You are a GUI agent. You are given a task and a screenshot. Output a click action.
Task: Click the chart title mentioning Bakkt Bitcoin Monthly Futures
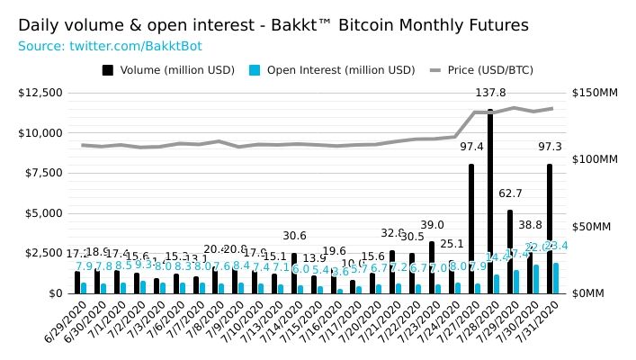tap(273, 25)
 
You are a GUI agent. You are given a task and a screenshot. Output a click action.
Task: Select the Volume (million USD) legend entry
tap(168, 70)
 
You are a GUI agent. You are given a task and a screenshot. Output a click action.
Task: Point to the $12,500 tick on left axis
tap(40, 93)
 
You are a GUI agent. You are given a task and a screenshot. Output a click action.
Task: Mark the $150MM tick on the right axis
tap(595, 93)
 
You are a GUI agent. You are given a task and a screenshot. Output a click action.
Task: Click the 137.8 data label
tap(490, 93)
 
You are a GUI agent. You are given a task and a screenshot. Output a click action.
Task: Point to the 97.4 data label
tap(471, 147)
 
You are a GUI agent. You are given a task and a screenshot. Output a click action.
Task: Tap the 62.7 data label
tap(510, 193)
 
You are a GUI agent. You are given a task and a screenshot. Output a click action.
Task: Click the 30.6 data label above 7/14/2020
tap(294, 236)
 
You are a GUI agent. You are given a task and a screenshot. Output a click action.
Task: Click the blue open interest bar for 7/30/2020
tap(536, 279)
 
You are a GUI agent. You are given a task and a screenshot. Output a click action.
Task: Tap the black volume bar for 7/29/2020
tap(510, 252)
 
